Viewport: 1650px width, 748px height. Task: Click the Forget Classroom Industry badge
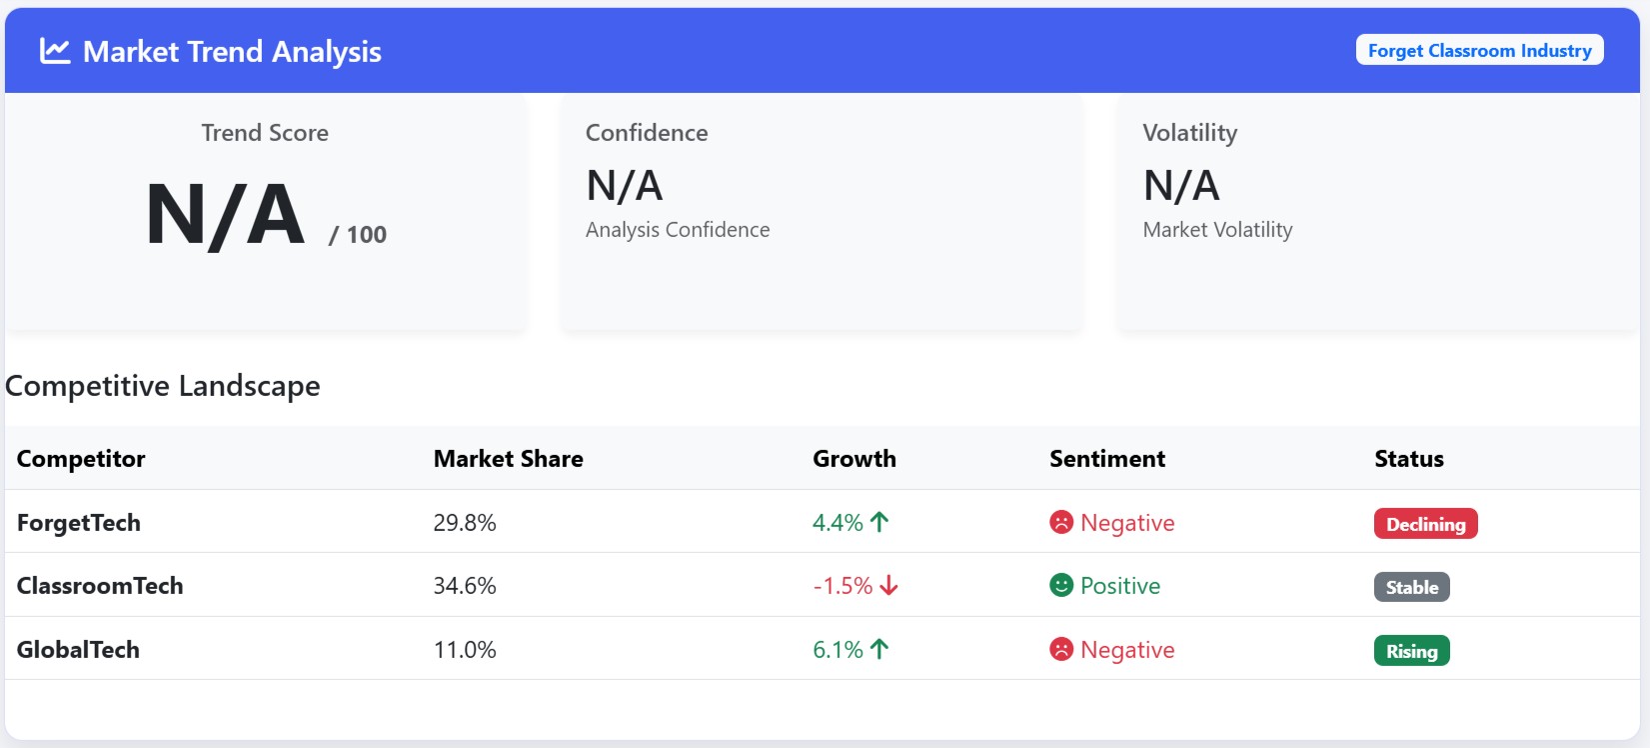point(1479,50)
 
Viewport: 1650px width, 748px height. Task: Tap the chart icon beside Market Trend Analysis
point(55,51)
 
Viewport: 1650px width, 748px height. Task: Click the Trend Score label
point(265,133)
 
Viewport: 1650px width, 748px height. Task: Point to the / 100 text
point(358,235)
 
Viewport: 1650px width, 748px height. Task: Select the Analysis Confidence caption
point(678,230)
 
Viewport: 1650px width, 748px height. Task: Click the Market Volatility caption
point(1217,230)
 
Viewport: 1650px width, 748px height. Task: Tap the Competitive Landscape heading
point(163,386)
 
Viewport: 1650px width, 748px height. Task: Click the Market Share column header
point(508,459)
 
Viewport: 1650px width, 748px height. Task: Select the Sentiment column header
point(1106,459)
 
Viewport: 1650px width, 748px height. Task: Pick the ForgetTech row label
point(79,523)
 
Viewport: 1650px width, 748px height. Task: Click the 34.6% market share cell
point(465,586)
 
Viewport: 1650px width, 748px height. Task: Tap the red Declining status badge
point(1425,524)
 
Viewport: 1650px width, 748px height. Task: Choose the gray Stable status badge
point(1411,587)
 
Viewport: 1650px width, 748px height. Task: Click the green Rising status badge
point(1411,651)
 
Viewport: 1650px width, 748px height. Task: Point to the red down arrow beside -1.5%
point(888,586)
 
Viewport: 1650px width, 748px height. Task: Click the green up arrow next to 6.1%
point(879,649)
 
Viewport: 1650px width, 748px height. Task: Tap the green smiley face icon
point(1061,585)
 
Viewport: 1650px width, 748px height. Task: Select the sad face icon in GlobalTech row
point(1061,649)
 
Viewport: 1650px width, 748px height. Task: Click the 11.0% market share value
point(465,650)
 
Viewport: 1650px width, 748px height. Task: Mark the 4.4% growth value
point(837,523)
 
